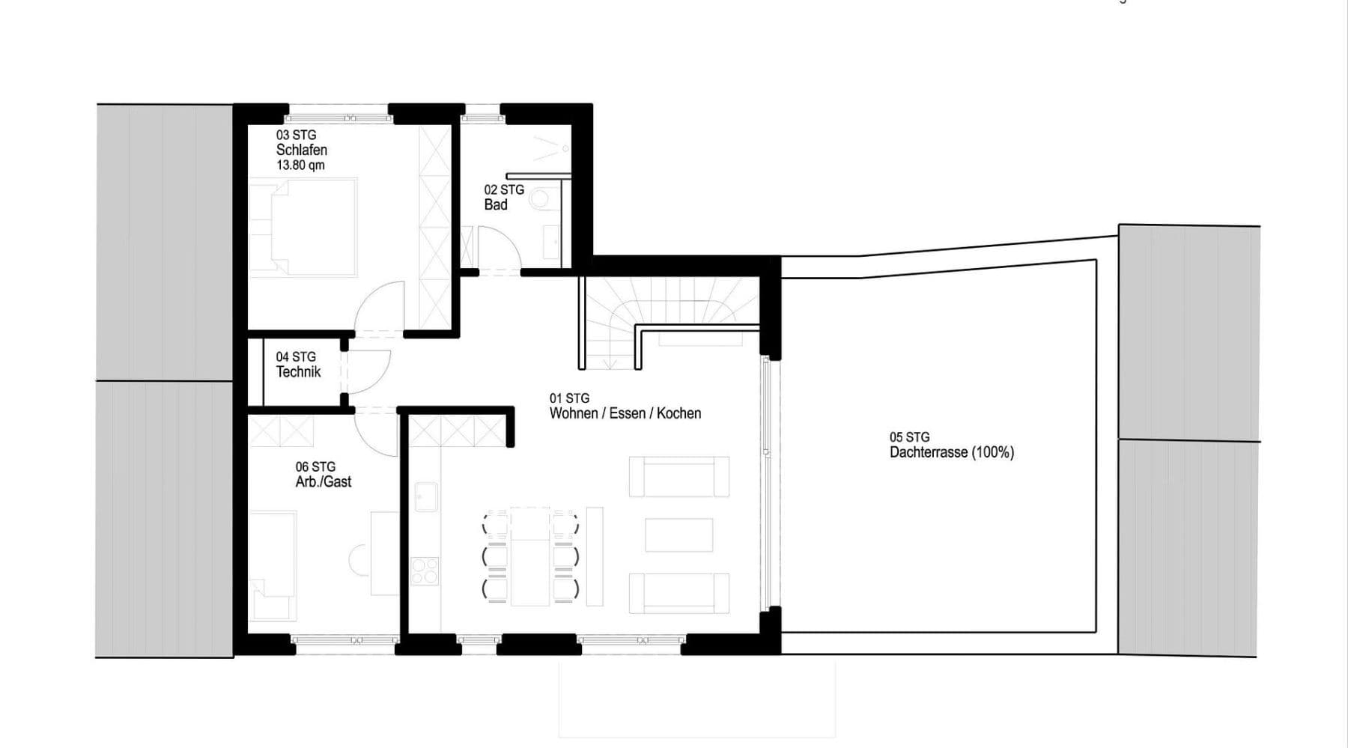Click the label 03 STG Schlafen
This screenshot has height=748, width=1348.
click(301, 142)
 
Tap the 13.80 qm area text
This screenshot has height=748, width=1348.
click(300, 165)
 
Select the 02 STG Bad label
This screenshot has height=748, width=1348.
click(503, 197)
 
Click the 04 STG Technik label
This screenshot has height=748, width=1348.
click(297, 365)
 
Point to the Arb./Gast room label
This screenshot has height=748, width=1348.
click(323, 482)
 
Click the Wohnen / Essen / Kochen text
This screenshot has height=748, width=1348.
click(625, 413)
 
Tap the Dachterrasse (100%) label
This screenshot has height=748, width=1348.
click(951, 452)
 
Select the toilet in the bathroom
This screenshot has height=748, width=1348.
click(540, 199)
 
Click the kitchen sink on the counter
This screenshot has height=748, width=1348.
click(426, 497)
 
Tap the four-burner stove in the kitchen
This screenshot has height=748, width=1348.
click(425, 571)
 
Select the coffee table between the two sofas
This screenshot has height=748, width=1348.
click(678, 535)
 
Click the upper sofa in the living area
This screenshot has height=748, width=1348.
click(678, 477)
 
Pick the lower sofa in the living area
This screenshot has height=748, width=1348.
click(678, 593)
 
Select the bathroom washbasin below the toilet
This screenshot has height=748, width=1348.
click(551, 242)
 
